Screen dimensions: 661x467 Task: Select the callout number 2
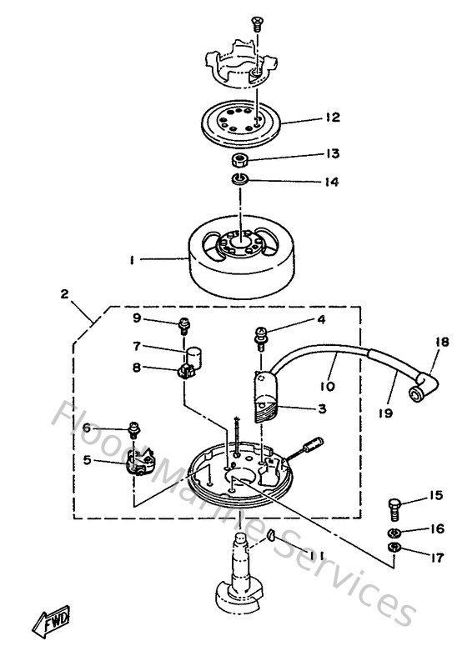64,293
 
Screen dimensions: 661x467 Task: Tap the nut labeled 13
239,158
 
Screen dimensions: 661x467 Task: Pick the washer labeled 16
394,530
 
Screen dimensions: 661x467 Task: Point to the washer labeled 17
394,548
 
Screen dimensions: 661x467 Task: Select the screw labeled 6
133,431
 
